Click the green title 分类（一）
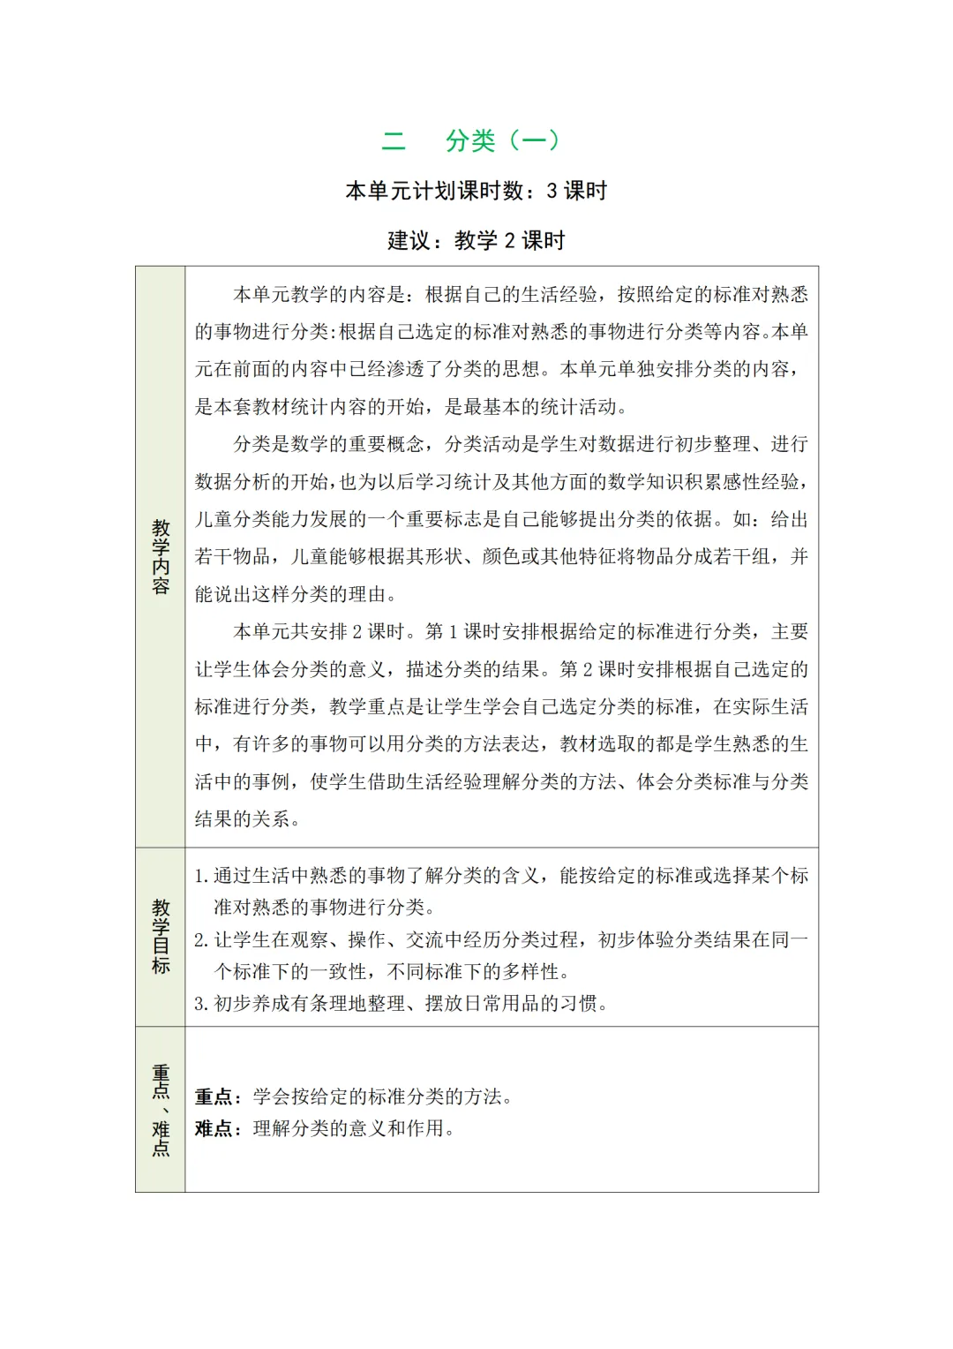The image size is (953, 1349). click(x=502, y=140)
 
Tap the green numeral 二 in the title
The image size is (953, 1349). click(x=394, y=140)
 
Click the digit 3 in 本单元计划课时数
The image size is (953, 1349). click(x=552, y=191)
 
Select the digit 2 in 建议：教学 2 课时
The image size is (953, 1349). click(x=509, y=240)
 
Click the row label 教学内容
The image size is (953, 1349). click(x=161, y=557)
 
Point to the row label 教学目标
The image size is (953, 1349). click(x=161, y=937)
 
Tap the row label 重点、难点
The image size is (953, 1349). click(x=161, y=1110)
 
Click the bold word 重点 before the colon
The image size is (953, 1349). click(x=213, y=1097)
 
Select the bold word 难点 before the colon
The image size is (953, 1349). click(x=213, y=1128)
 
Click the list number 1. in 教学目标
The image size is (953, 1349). click(x=201, y=876)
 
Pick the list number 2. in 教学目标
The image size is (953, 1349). click(x=201, y=940)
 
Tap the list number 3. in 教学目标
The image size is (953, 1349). click(x=201, y=1004)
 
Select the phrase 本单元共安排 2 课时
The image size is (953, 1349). click(x=319, y=632)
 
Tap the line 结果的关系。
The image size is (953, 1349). click(x=248, y=819)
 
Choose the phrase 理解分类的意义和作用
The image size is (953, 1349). click(x=349, y=1128)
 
